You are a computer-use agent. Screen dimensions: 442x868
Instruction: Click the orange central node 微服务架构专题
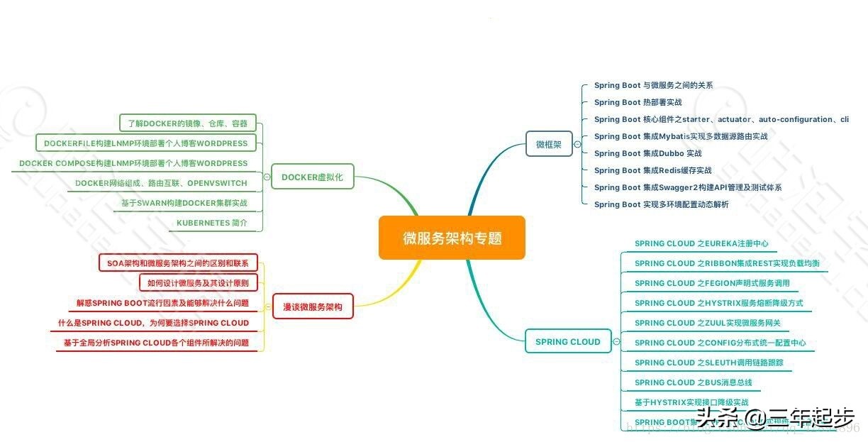pos(452,238)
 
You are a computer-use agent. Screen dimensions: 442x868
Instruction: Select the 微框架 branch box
pos(549,143)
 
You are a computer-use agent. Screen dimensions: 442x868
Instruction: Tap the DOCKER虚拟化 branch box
pos(312,177)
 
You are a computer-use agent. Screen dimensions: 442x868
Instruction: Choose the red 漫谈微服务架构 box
pos(313,306)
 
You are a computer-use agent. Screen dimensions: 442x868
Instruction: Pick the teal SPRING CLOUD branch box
pos(567,341)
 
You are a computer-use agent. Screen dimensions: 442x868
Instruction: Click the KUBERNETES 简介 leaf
pos(211,223)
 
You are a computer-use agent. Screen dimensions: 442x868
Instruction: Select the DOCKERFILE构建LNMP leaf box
pos(145,143)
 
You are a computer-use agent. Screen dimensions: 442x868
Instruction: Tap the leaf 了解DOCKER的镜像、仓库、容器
pos(187,123)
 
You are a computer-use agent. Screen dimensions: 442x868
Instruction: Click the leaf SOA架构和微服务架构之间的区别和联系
pos(177,263)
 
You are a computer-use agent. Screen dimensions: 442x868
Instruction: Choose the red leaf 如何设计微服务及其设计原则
pos(198,283)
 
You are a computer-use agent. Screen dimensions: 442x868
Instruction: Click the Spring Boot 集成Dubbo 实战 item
pos(647,153)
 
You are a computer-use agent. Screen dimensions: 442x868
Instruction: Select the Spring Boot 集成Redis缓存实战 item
pos(652,170)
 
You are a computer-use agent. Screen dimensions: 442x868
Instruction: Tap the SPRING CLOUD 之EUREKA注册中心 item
pos(701,243)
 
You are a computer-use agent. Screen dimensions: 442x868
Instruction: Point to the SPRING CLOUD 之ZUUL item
pos(707,323)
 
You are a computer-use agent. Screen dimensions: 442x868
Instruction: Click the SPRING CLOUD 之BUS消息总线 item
pos(693,382)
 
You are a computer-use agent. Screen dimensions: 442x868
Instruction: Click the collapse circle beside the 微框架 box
pos(577,144)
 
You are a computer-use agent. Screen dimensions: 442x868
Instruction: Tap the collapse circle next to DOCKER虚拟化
pos(266,177)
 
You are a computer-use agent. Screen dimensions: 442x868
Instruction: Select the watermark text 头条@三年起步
pos(774,419)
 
